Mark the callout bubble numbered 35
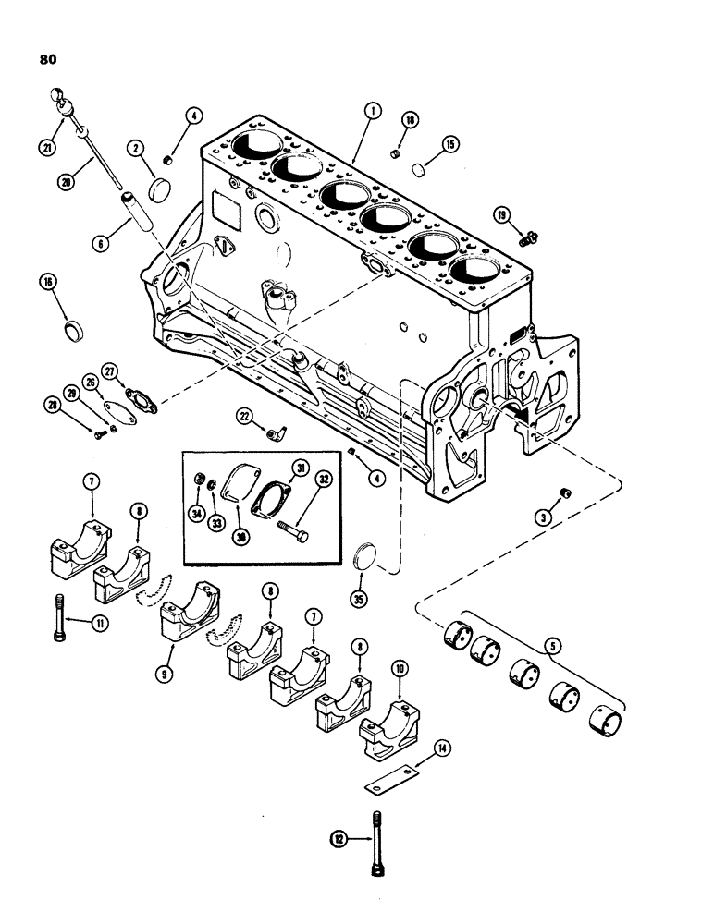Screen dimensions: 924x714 (x=359, y=597)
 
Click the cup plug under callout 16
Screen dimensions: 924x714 (x=72, y=329)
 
